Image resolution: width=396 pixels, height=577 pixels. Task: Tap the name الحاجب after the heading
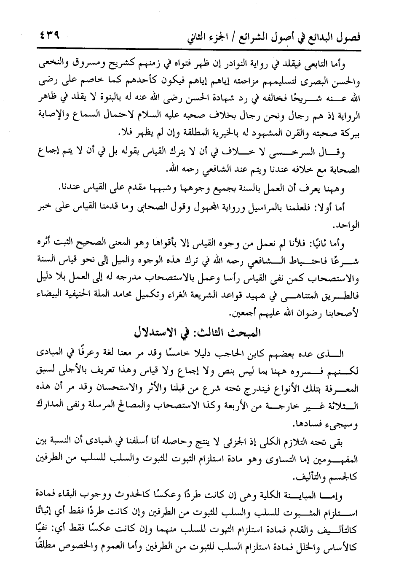point(252,350)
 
